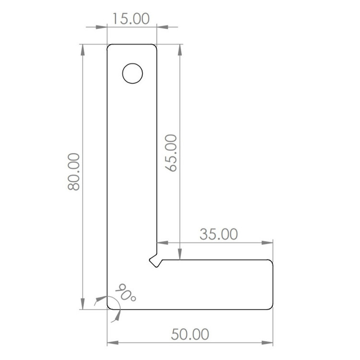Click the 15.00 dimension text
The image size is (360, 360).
pos(131,19)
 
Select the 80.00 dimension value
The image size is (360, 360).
pos(74,172)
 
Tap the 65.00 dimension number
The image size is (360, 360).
pos(171,153)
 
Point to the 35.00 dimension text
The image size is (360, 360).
pos(218,234)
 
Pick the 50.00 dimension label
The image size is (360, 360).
pos(190,334)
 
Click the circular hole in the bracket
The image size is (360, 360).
pos(132,73)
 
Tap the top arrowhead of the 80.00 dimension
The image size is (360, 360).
pos(83,50)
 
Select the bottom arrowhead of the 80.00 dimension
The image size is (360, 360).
pos(83,304)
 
